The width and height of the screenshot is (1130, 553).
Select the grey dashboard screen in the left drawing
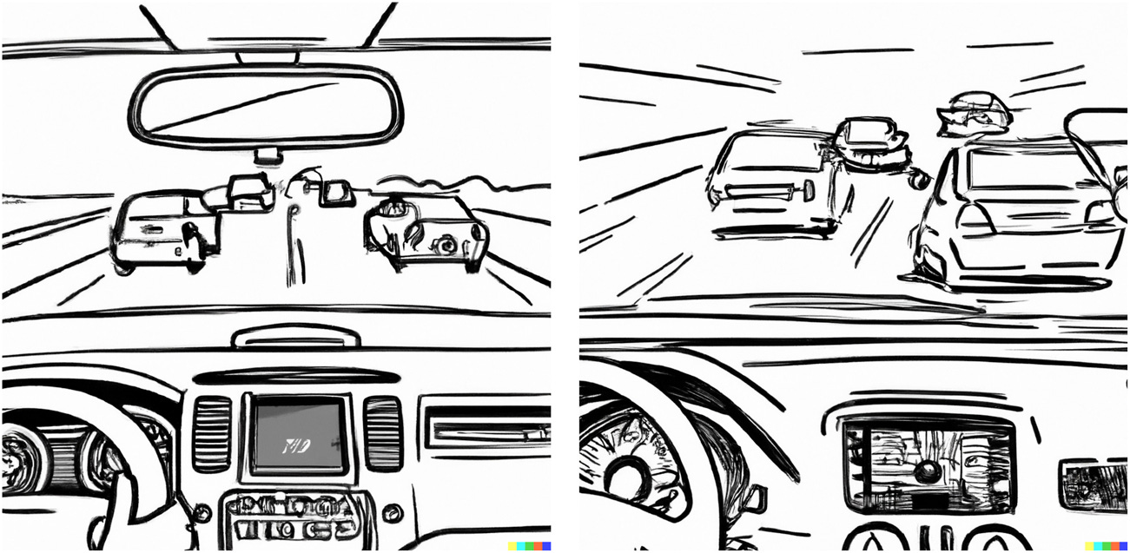[x=295, y=433]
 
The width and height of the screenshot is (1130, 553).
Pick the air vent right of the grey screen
[x=382, y=433]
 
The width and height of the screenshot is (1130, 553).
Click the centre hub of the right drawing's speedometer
[x=627, y=476]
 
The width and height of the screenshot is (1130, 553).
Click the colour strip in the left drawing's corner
[x=529, y=546]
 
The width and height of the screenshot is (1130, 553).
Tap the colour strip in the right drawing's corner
[x=1107, y=546]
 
